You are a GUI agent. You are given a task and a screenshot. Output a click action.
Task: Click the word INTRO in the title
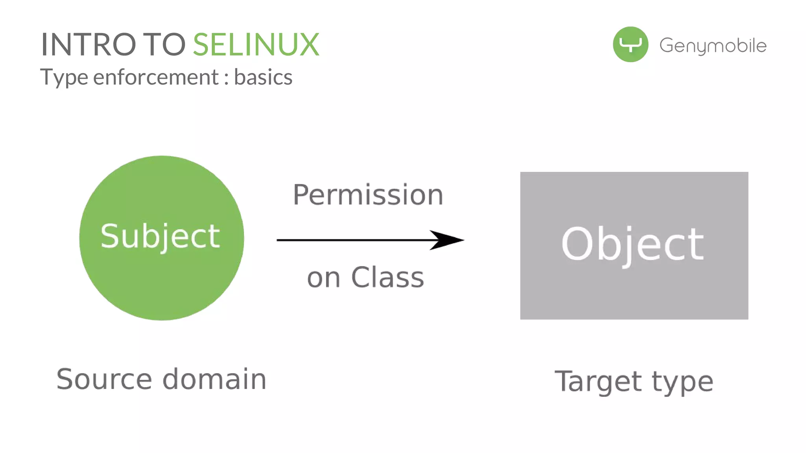89,45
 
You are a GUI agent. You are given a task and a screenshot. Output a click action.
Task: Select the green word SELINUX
256,45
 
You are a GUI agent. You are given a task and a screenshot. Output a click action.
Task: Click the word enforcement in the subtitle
156,77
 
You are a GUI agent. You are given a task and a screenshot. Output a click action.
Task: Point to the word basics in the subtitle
263,77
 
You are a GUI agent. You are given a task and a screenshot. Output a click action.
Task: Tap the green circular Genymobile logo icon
630,44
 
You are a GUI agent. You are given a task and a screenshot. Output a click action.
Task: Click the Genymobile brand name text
713,46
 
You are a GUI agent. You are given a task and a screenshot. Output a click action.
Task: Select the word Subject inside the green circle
160,237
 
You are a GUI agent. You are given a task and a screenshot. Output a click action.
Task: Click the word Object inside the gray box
632,245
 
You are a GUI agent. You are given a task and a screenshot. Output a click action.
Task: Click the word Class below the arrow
387,278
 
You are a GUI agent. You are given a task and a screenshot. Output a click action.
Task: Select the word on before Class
324,278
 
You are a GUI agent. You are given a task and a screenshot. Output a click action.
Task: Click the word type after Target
682,382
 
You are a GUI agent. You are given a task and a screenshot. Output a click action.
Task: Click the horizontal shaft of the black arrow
354,240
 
